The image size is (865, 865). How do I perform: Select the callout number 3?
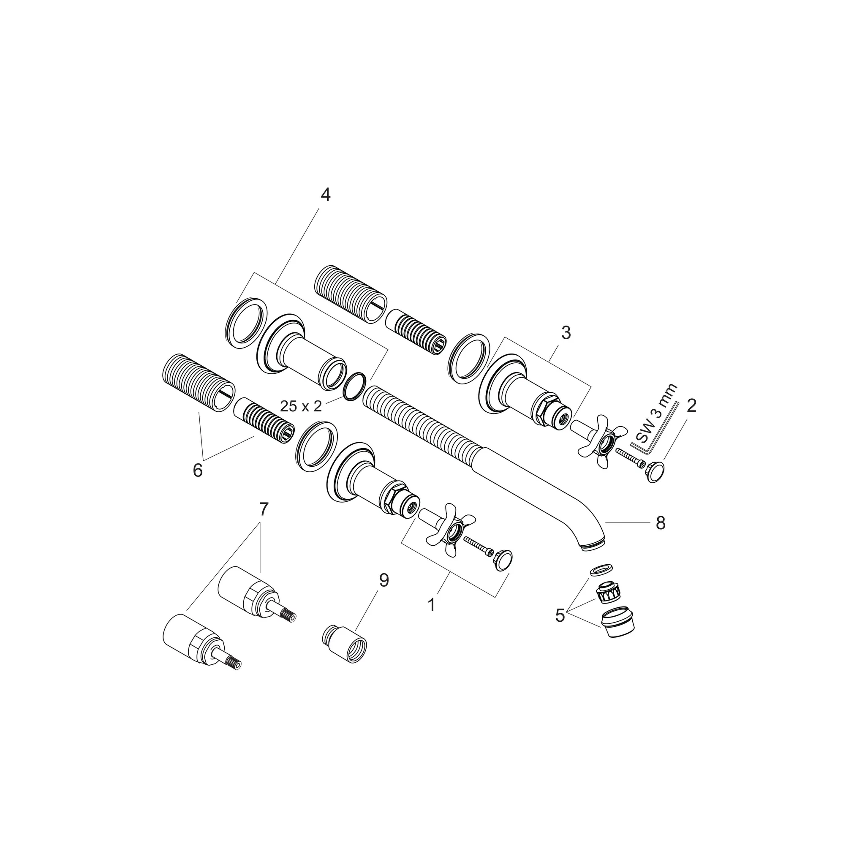(566, 333)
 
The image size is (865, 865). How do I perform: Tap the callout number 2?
(691, 405)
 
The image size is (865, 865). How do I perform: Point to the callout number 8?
(661, 523)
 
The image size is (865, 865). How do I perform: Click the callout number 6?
(197, 471)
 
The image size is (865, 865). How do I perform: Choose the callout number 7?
(263, 509)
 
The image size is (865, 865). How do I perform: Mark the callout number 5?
(560, 616)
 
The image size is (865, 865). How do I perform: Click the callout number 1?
(432, 606)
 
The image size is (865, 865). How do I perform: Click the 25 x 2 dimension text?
(301, 407)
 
